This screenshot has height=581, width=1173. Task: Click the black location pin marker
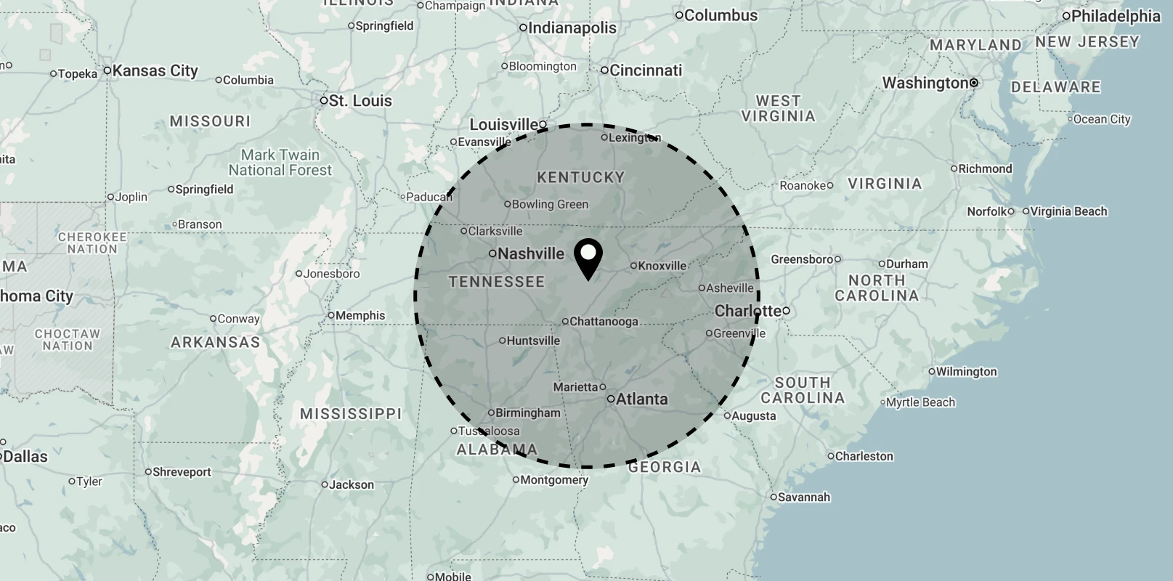(588, 258)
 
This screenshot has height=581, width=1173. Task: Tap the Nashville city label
(531, 253)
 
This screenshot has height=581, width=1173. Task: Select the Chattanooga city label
(604, 321)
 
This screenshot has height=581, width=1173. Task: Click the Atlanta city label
(641, 399)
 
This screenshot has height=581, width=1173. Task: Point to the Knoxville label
(662, 266)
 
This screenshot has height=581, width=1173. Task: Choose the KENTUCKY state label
(580, 177)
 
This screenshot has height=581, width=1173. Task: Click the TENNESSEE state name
(497, 282)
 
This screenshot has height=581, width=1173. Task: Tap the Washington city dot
(974, 83)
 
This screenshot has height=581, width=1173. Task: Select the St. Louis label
(360, 101)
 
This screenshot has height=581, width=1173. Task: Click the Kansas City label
(155, 70)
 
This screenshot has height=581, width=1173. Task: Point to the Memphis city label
(360, 315)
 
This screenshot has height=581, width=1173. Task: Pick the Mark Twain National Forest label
(280, 163)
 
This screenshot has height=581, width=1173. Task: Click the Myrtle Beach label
(921, 402)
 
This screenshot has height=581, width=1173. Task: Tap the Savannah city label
(803, 497)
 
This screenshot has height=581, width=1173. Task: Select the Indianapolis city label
(572, 28)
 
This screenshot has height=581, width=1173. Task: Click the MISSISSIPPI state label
(351, 413)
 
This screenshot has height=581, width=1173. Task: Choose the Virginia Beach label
(1070, 211)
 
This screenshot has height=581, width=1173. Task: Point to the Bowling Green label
(550, 204)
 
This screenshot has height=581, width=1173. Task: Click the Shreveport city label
(182, 472)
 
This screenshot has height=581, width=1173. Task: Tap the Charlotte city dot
(786, 311)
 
